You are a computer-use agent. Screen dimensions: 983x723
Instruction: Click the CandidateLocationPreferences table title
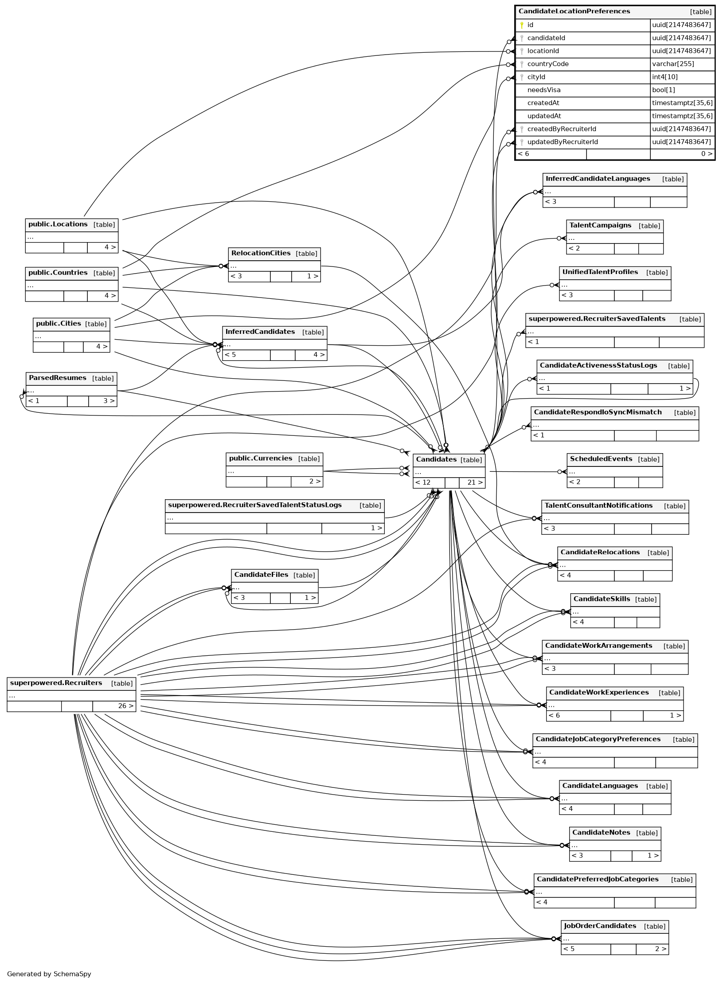point(574,12)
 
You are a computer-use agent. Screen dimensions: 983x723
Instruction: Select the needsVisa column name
point(543,90)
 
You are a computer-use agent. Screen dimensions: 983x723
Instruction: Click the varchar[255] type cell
point(673,64)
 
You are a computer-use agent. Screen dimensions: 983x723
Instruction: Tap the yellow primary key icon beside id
point(522,25)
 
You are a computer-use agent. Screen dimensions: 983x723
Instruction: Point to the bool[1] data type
point(663,90)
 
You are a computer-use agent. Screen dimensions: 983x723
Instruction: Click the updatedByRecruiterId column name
point(562,142)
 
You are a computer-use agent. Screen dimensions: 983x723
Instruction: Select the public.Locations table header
point(58,224)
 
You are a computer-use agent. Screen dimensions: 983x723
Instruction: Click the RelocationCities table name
point(261,253)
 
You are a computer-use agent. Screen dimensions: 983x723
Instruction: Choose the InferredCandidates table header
point(260,332)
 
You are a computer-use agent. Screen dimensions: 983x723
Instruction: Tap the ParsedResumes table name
point(57,378)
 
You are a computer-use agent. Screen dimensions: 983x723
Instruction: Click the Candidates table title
point(436,459)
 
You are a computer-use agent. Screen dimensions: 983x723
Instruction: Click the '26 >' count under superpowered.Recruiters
point(125,706)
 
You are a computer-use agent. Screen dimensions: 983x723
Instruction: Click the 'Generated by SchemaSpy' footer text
point(49,974)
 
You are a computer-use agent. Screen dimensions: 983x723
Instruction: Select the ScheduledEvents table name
point(601,459)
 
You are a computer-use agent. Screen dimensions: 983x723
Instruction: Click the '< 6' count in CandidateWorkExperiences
point(554,716)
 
